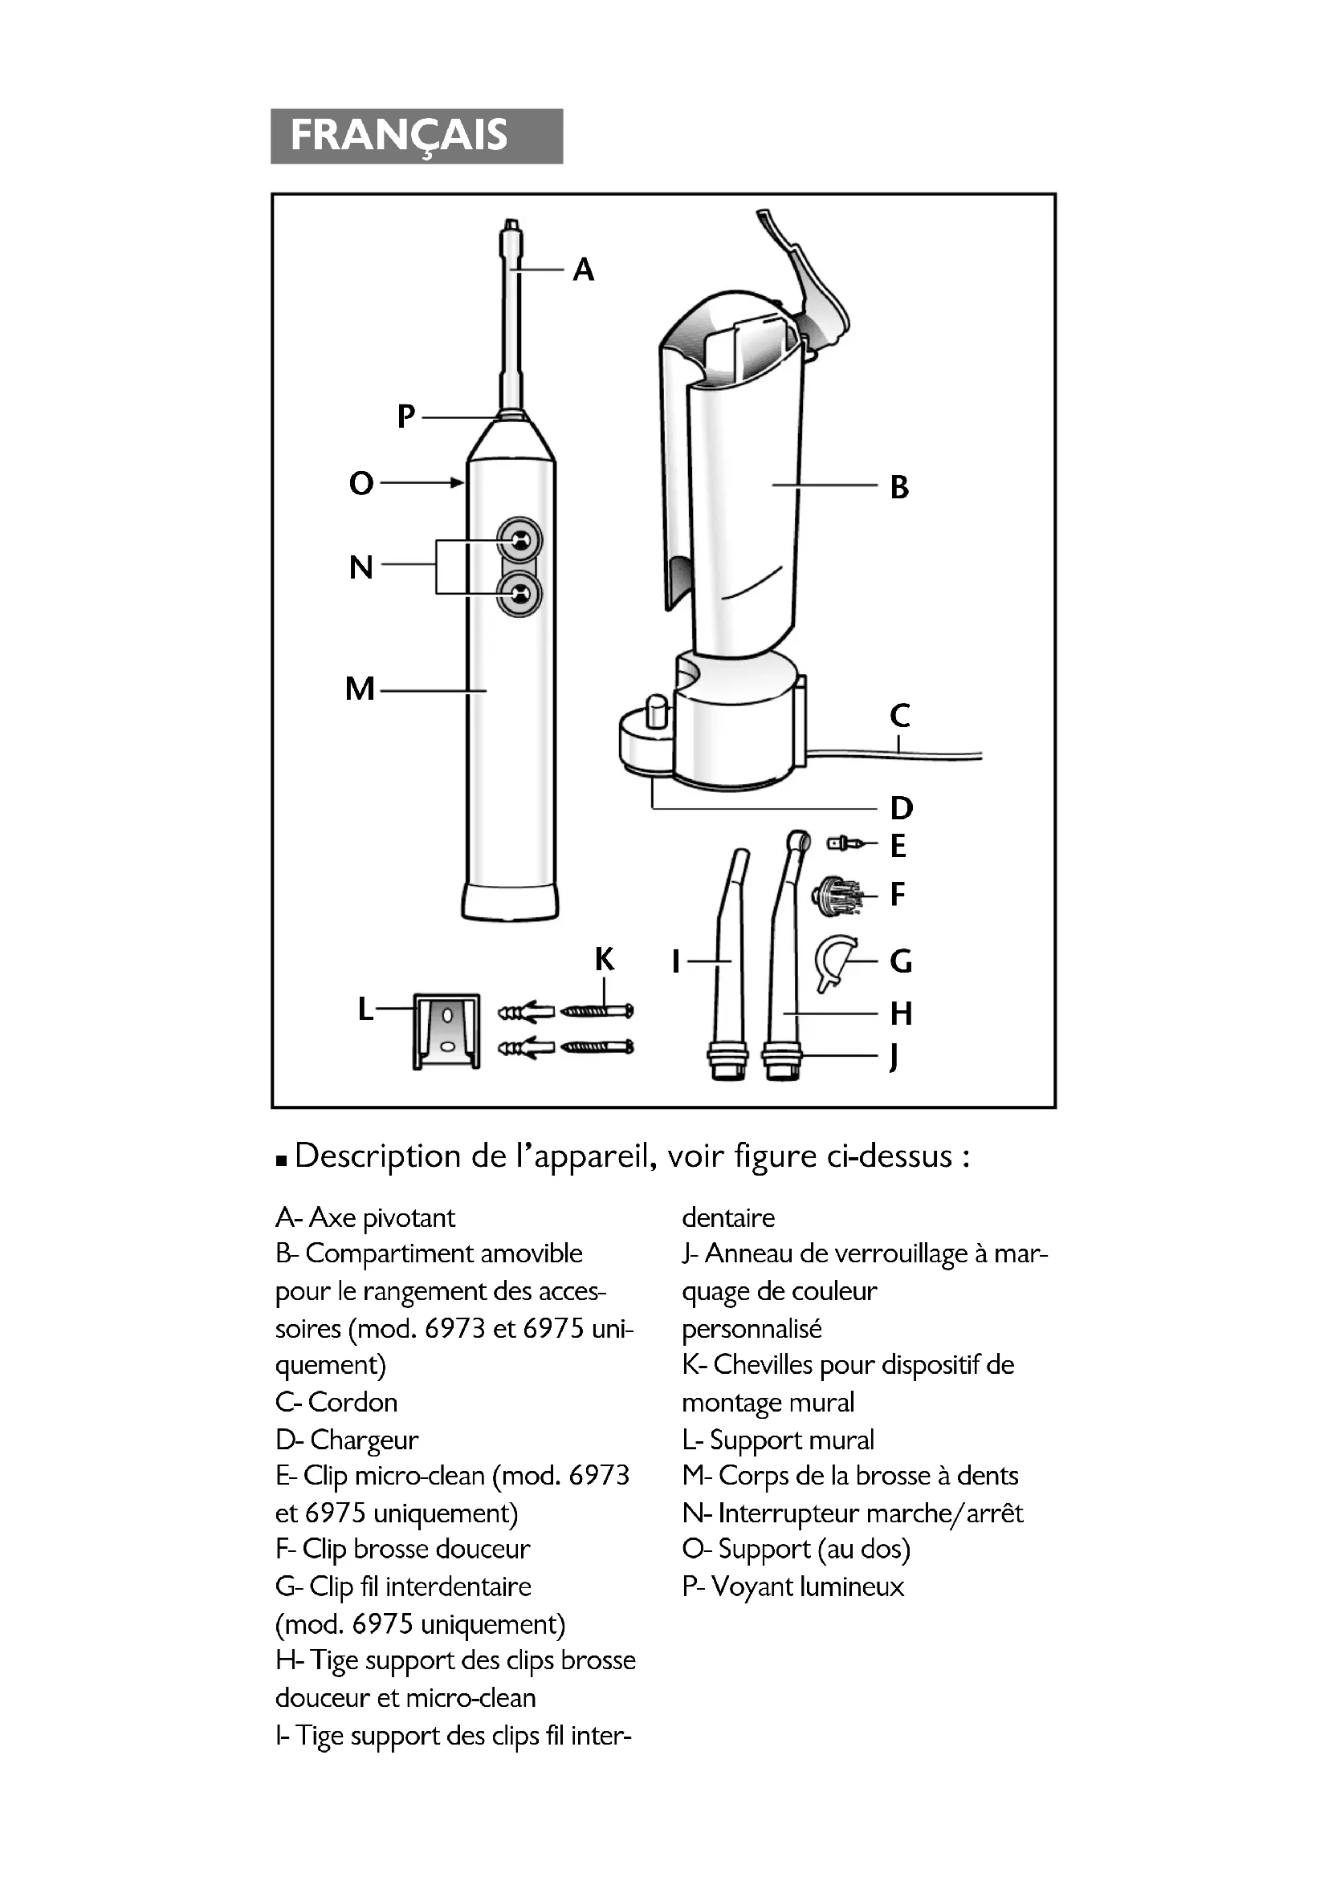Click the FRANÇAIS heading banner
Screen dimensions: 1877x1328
[416, 136]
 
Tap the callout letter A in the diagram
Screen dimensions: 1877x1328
[583, 269]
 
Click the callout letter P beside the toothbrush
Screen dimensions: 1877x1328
[406, 416]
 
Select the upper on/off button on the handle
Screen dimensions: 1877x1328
[519, 539]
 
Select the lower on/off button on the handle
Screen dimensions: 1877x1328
[519, 595]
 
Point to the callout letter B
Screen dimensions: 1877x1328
[898, 487]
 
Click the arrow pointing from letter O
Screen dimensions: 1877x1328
[422, 482]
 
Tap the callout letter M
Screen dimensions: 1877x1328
[360, 689]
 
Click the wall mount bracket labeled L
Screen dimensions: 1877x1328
[446, 1032]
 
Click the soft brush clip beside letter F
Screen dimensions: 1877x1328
[836, 896]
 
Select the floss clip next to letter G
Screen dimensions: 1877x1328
[834, 961]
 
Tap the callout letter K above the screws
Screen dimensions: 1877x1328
[605, 959]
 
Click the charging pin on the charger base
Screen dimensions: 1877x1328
[656, 711]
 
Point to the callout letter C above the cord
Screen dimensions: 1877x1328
[899, 715]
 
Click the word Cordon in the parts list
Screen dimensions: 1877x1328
[352, 1402]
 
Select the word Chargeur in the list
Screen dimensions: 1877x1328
[364, 1439]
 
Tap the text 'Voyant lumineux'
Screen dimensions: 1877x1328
[807, 1587]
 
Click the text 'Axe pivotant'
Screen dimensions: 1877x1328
[381, 1217]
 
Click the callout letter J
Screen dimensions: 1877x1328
[894, 1056]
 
